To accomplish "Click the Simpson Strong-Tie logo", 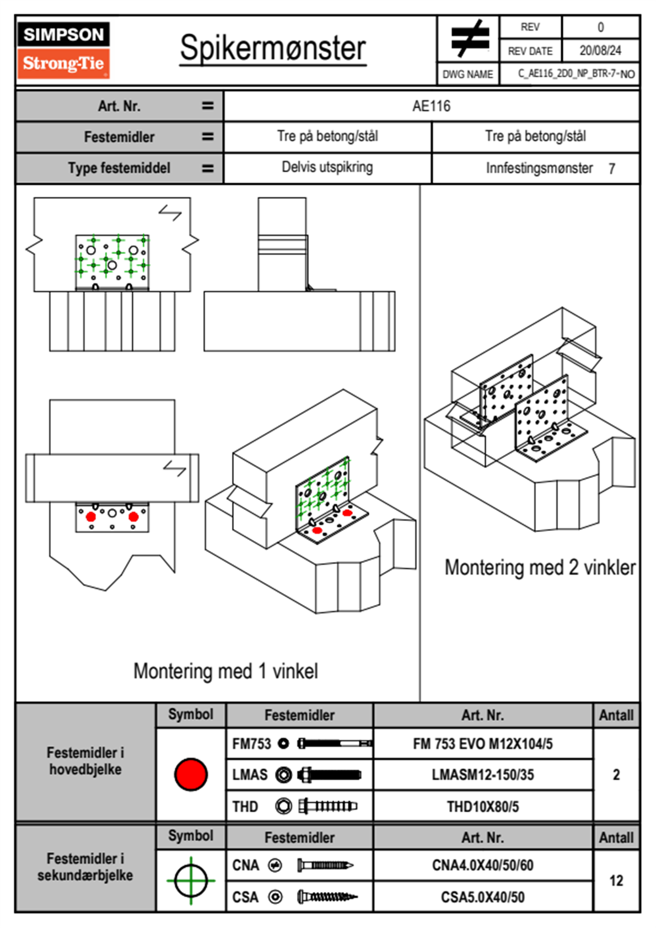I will pos(63,50).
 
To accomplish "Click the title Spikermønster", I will pos(272,48).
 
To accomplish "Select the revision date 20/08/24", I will pos(600,51).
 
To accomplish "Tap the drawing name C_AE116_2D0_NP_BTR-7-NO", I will pos(576,74).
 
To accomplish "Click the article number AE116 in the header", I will pos(431,106).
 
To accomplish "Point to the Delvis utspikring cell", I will pos(327,167).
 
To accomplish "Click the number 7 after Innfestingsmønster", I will pos(611,169).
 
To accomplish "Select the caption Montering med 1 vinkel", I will pos(225,671).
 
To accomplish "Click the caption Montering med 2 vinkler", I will pos(540,567).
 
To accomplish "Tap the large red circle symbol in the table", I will pos(191,774).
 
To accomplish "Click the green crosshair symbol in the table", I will pos(191,881).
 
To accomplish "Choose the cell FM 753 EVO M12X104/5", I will pos(482,744).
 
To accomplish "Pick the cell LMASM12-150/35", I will pos(482,775).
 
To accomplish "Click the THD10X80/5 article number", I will pos(482,807).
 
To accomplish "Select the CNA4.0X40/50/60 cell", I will pos(482,865).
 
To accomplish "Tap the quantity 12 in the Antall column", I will pos(616,881).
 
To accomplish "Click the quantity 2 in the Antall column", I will pos(616,775).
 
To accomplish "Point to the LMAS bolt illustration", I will pos(329,775).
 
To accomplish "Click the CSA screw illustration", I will pos(327,897).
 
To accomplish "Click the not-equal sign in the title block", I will pos(470,39).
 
